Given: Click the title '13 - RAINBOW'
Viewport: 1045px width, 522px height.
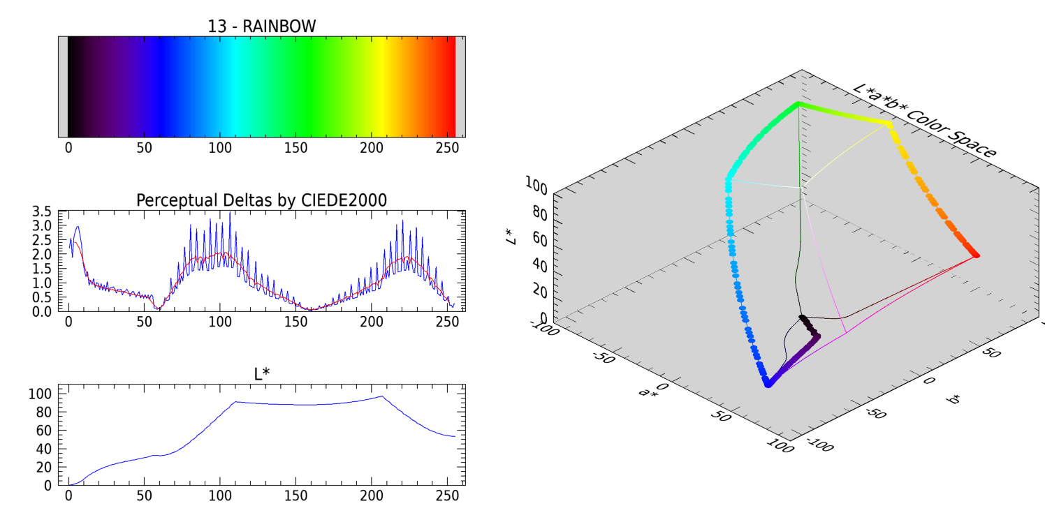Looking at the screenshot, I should click(261, 27).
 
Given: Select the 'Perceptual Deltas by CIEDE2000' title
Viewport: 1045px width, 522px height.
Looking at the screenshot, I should click(261, 200).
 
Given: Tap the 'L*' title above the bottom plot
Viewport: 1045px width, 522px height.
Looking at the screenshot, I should click(261, 374).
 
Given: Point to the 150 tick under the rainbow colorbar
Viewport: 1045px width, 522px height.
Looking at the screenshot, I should click(295, 148).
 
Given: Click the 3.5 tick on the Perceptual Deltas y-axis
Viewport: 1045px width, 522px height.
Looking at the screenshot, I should click(43, 211).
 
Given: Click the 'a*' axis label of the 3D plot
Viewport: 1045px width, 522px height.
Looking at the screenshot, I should click(648, 392).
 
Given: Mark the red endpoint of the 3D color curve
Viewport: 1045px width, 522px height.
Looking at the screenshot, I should click(976, 255).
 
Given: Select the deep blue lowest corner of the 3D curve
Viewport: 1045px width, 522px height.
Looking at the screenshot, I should click(768, 383).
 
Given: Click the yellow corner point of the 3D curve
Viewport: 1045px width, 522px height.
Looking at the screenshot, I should click(889, 124).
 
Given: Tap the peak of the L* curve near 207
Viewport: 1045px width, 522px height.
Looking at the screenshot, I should click(381, 396).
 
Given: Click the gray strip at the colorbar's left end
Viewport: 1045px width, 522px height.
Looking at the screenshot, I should click(63, 87).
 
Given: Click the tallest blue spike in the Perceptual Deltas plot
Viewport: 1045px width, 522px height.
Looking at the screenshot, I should click(230, 213).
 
